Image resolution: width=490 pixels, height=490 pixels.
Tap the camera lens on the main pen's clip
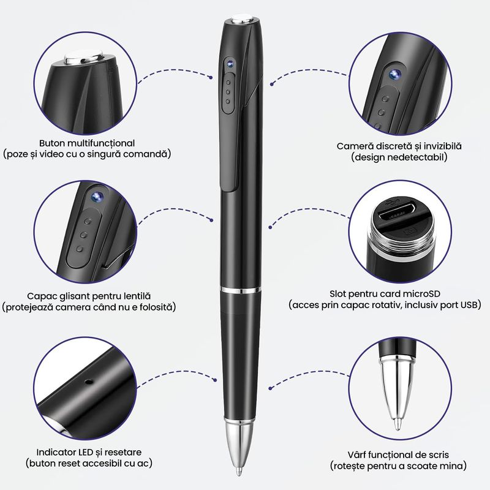click(228, 64)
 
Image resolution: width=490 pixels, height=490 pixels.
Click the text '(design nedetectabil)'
click(399, 157)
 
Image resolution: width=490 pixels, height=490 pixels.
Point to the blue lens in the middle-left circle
click(96, 196)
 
